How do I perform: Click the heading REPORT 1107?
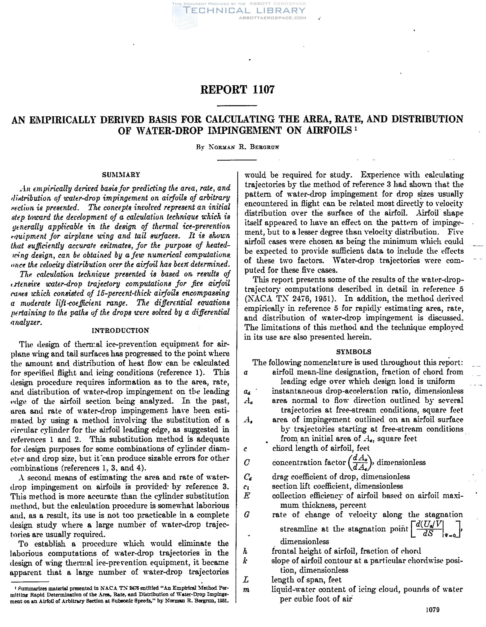click(237, 90)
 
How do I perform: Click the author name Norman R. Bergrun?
click(238, 147)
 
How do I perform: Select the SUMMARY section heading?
click(121, 175)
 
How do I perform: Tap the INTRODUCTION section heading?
click(121, 330)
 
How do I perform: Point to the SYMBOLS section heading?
click(354, 352)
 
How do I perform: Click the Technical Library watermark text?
click(244, 11)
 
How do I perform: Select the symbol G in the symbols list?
click(247, 515)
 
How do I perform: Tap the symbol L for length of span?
click(246, 580)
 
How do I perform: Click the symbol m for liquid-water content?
click(246, 590)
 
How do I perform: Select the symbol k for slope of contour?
click(245, 561)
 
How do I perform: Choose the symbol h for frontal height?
click(245, 551)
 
